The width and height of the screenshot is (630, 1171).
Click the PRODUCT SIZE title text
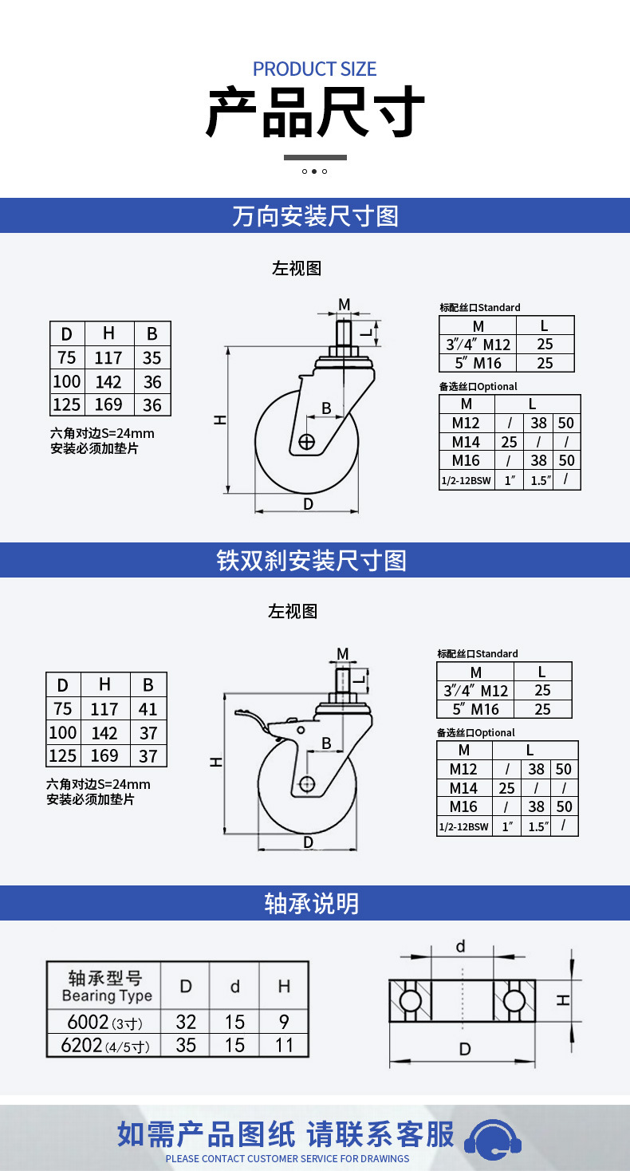[315, 69]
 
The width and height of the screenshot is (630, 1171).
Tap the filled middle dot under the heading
[313, 172]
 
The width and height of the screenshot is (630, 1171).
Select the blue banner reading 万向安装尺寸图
[315, 215]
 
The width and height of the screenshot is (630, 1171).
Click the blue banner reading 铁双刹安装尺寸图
[315, 560]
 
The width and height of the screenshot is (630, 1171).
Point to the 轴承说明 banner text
[312, 903]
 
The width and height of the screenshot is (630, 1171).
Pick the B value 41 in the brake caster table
[148, 709]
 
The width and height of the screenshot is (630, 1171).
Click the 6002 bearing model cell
[104, 1022]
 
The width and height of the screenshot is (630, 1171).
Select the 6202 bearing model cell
[104, 1045]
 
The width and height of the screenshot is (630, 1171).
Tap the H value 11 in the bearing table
[284, 1045]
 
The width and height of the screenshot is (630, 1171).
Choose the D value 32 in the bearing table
[186, 1022]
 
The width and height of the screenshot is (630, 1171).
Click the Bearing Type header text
[107, 996]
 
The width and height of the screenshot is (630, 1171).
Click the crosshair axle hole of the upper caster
[306, 442]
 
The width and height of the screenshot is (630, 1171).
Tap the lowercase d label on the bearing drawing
[461, 946]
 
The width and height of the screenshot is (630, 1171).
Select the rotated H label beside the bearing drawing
[562, 1000]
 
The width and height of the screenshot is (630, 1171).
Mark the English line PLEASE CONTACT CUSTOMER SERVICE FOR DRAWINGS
[287, 1158]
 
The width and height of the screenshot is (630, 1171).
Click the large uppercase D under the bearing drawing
[465, 1049]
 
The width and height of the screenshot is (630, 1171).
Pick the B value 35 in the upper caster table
[152, 357]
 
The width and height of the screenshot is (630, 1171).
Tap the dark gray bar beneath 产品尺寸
[315, 157]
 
